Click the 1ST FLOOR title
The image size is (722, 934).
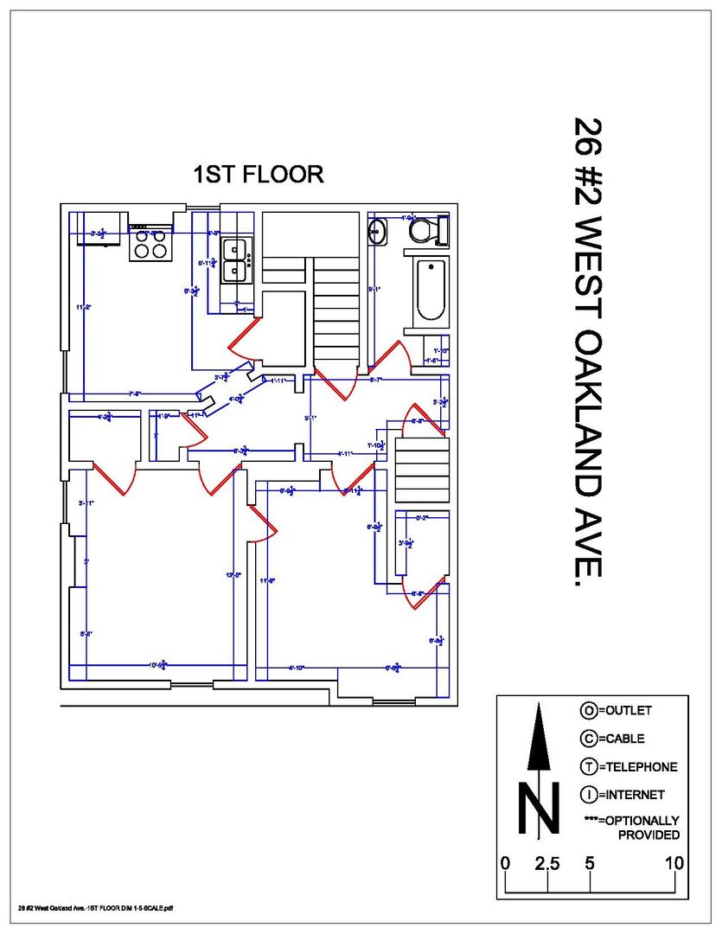click(259, 174)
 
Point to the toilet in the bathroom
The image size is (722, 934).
click(428, 230)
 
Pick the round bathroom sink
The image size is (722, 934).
click(379, 231)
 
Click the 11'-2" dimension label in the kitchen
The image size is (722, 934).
click(83, 307)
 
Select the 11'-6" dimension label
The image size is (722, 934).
click(267, 581)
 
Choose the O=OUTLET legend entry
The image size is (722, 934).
click(616, 711)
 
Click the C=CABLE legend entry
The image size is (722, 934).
click(612, 739)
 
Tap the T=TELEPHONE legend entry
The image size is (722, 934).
click(629, 766)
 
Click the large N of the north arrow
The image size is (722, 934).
click(538, 809)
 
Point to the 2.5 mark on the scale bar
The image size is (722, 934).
click(547, 863)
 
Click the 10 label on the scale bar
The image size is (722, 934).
click(674, 863)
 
